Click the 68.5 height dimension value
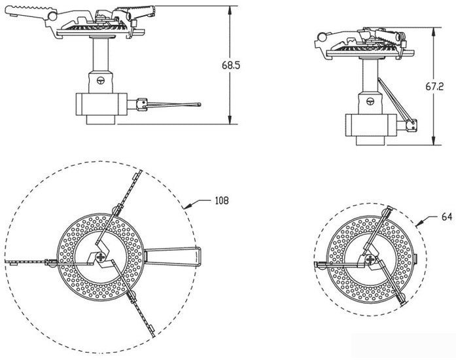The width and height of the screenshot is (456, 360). point(231,65)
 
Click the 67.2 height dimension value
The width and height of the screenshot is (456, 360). point(435,86)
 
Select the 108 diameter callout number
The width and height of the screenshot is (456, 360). point(222,200)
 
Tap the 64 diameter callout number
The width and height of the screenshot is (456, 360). point(447,217)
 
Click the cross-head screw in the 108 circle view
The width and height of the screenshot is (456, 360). point(101,257)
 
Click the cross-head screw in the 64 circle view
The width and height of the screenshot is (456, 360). point(370,259)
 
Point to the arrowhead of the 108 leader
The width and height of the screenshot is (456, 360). point(184,207)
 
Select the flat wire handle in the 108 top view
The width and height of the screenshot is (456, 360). point(172,257)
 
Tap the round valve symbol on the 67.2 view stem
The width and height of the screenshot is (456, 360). point(370,101)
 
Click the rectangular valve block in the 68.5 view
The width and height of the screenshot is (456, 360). point(101,104)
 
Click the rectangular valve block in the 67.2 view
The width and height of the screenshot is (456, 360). point(371,125)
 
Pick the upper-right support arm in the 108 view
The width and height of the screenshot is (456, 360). point(118,207)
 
